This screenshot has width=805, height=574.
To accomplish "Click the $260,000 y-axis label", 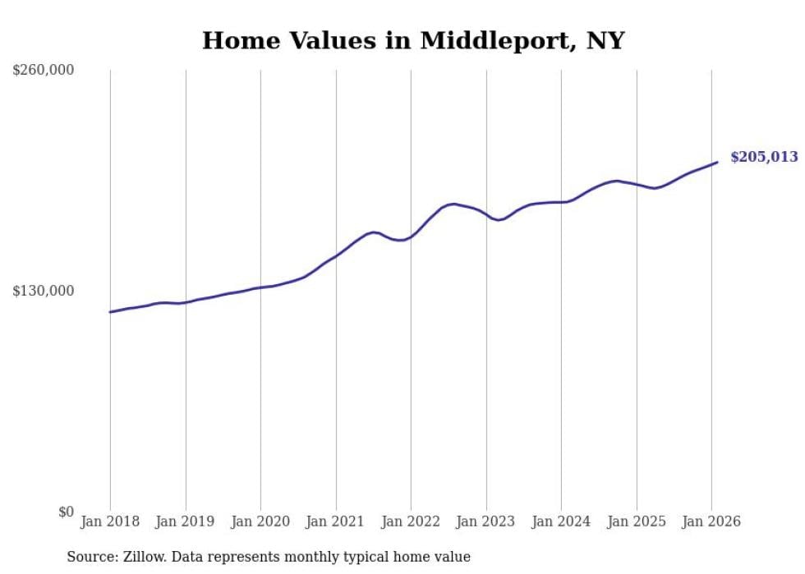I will (x=44, y=71).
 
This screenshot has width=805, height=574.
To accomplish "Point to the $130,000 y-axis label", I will (x=44, y=291).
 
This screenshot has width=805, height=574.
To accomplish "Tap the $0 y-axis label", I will (x=66, y=512).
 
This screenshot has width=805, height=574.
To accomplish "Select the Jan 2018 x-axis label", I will (x=110, y=521).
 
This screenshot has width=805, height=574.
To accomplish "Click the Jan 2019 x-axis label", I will (x=185, y=521).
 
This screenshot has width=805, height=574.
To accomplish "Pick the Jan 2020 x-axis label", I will (x=260, y=521).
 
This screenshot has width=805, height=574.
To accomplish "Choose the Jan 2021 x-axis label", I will (x=335, y=521).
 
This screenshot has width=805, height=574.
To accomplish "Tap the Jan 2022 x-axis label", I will (x=411, y=521).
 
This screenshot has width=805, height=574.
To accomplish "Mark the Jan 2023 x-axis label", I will (x=485, y=521).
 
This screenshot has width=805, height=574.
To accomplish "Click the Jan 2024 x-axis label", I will (x=561, y=521).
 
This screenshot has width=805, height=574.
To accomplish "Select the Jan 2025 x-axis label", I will (x=637, y=521).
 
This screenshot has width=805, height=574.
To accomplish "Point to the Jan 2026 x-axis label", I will (x=711, y=521).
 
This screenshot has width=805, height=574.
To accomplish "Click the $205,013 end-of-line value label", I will (x=764, y=157).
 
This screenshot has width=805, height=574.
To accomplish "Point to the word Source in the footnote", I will (x=91, y=557).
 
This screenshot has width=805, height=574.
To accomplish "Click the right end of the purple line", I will (x=717, y=162).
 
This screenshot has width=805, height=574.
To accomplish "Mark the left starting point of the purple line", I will (x=110, y=312).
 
